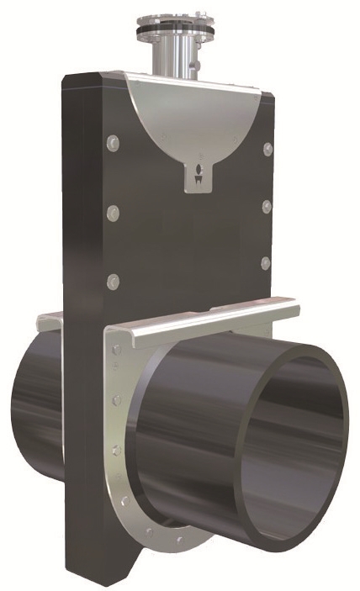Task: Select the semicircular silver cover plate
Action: point(193,118)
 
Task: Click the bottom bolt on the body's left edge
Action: point(114,280)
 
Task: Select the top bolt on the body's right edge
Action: point(268,149)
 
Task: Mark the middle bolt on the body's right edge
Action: point(267,207)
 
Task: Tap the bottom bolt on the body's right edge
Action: point(265,263)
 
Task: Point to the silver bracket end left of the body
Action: point(49,321)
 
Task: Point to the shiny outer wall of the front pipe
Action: point(193,420)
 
